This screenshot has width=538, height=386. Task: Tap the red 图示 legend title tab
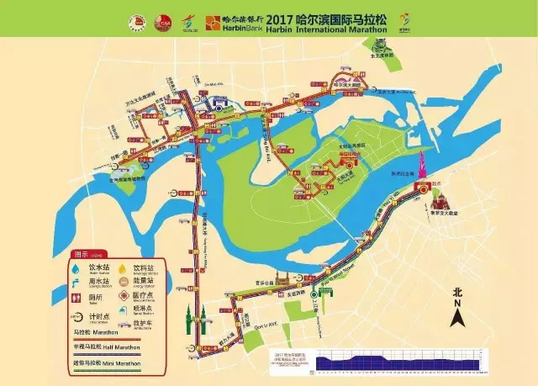(83, 252)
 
